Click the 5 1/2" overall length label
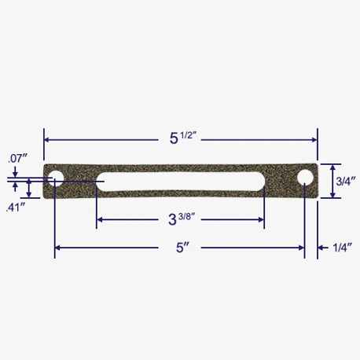183,138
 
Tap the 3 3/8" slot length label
182,219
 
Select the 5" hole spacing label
182,248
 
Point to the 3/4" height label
346,181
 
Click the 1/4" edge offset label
342,248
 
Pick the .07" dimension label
17,159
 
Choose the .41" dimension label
16,208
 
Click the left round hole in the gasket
56,178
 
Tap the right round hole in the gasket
305,178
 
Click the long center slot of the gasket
181,182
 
